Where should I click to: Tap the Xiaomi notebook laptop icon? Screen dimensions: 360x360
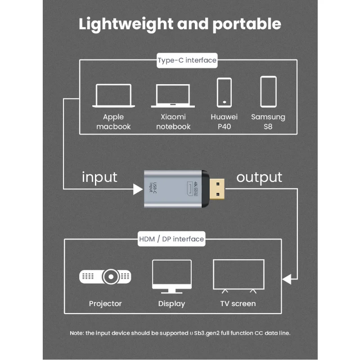click(175, 95)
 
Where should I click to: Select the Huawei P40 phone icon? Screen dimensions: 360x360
click(224, 93)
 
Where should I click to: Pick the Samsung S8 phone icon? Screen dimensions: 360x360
click(268, 92)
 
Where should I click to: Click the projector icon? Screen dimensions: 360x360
click(105, 275)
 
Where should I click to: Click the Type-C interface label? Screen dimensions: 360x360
click(187, 60)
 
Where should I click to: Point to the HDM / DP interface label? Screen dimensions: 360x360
click(171, 239)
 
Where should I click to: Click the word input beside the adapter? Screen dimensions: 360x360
click(99, 177)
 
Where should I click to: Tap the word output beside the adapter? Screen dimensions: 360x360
click(259, 177)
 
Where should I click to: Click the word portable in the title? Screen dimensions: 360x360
click(247, 24)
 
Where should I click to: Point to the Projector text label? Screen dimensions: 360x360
click(105, 304)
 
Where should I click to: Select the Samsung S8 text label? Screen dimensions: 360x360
click(268, 121)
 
